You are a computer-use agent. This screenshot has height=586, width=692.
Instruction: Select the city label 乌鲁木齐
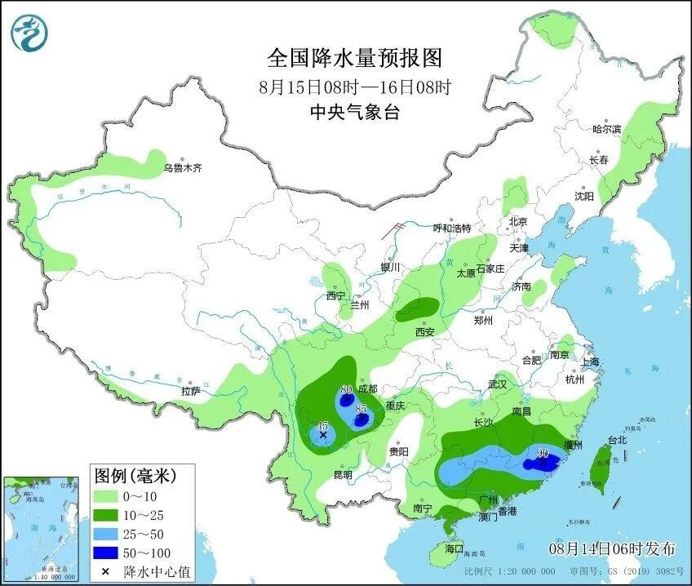pyautogui.click(x=181, y=168)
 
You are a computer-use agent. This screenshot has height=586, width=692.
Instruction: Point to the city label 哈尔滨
pyautogui.click(x=606, y=129)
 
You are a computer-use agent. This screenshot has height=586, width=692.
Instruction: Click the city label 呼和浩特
pyautogui.click(x=451, y=228)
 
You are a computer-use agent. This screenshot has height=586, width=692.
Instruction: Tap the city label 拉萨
pyautogui.click(x=190, y=392)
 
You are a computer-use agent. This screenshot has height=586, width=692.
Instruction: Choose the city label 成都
pyautogui.click(x=367, y=389)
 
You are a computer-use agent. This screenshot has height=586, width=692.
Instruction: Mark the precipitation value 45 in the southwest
pyautogui.click(x=322, y=426)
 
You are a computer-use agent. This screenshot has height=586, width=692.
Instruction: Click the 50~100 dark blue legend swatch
pyautogui.click(x=105, y=553)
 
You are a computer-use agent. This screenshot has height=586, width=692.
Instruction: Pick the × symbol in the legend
pyautogui.click(x=105, y=571)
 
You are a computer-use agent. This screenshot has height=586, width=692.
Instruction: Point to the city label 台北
pyautogui.click(x=617, y=440)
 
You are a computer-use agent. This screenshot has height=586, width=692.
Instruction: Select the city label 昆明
pyautogui.click(x=343, y=474)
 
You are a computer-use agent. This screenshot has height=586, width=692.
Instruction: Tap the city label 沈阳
pyautogui.click(x=583, y=196)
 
